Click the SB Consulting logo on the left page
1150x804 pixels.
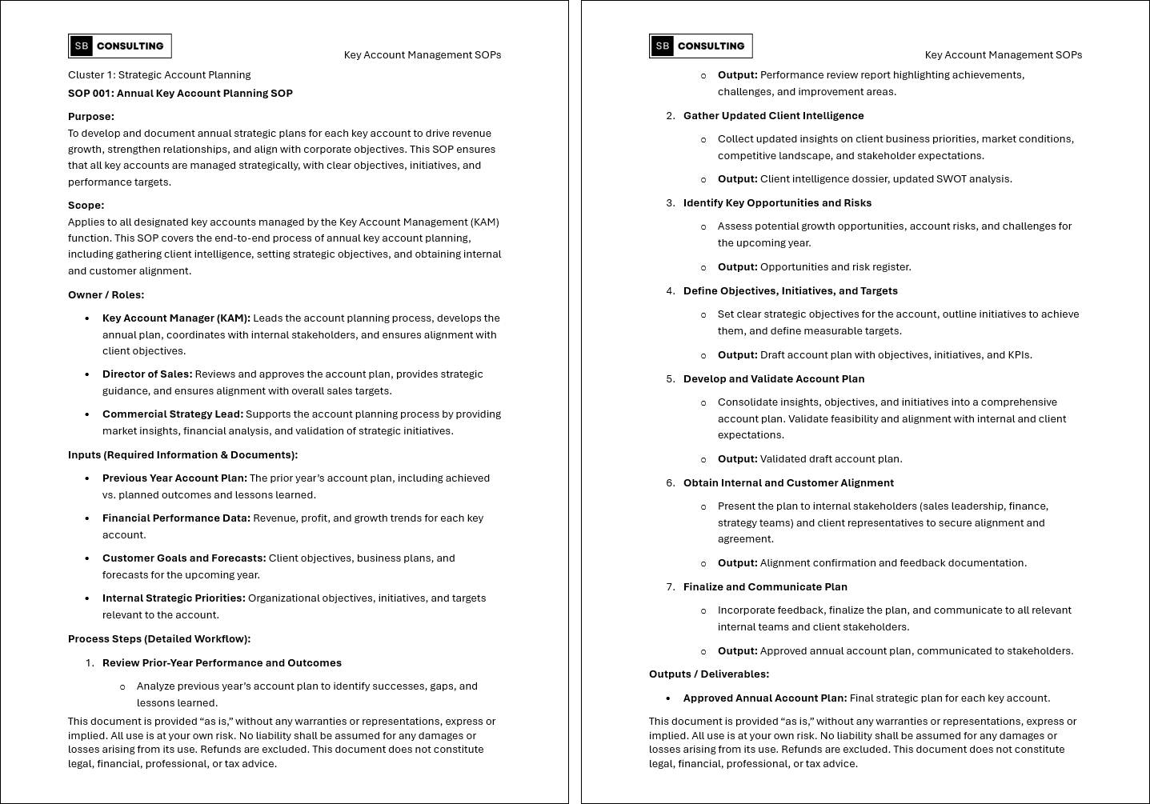point(120,46)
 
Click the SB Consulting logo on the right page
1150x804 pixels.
point(701,46)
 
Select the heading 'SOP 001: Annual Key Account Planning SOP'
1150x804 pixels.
point(180,94)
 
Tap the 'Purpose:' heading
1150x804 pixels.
point(91,117)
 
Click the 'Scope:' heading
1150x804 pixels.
point(86,206)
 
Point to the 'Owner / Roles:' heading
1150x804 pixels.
point(106,295)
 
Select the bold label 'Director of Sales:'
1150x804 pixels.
point(147,374)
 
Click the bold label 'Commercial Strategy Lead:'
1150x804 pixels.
point(173,414)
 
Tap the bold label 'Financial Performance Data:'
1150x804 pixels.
point(176,518)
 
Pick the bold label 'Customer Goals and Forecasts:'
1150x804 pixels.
point(184,558)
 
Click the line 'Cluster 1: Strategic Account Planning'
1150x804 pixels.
point(159,75)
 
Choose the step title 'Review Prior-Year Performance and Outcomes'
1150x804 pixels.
point(222,663)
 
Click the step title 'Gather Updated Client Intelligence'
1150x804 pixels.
point(773,116)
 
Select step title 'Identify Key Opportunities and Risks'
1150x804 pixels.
point(777,203)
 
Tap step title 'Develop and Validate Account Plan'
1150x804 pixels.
point(774,379)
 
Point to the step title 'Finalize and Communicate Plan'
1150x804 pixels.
point(765,587)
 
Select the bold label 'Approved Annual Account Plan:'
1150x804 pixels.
point(765,698)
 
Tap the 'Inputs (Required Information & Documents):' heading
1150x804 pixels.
point(182,455)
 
